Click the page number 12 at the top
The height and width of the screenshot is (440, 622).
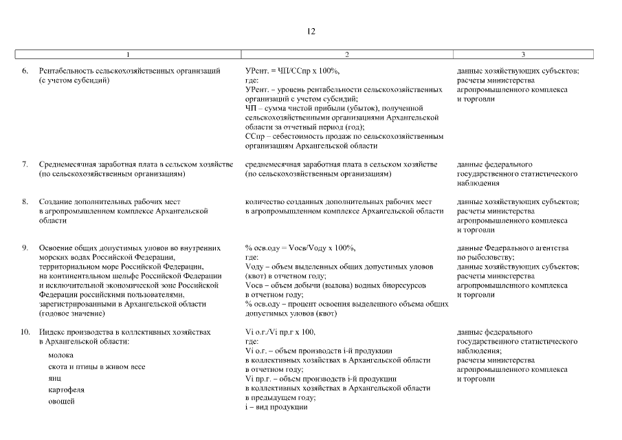coord(311,32)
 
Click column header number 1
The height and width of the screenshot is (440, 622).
coord(128,54)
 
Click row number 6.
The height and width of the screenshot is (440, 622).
coord(25,71)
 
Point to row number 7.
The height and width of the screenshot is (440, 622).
coord(25,164)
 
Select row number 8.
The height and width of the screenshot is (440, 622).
coord(25,202)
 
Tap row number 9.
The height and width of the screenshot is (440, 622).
coord(25,247)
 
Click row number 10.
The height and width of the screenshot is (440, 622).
coord(25,332)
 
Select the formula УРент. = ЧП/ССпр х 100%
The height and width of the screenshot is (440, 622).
coord(292,71)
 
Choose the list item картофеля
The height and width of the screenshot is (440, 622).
coord(67,389)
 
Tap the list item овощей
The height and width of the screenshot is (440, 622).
coord(62,401)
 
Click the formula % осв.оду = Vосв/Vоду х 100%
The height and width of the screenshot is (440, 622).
coord(300,247)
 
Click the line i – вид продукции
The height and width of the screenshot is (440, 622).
coord(276,407)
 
